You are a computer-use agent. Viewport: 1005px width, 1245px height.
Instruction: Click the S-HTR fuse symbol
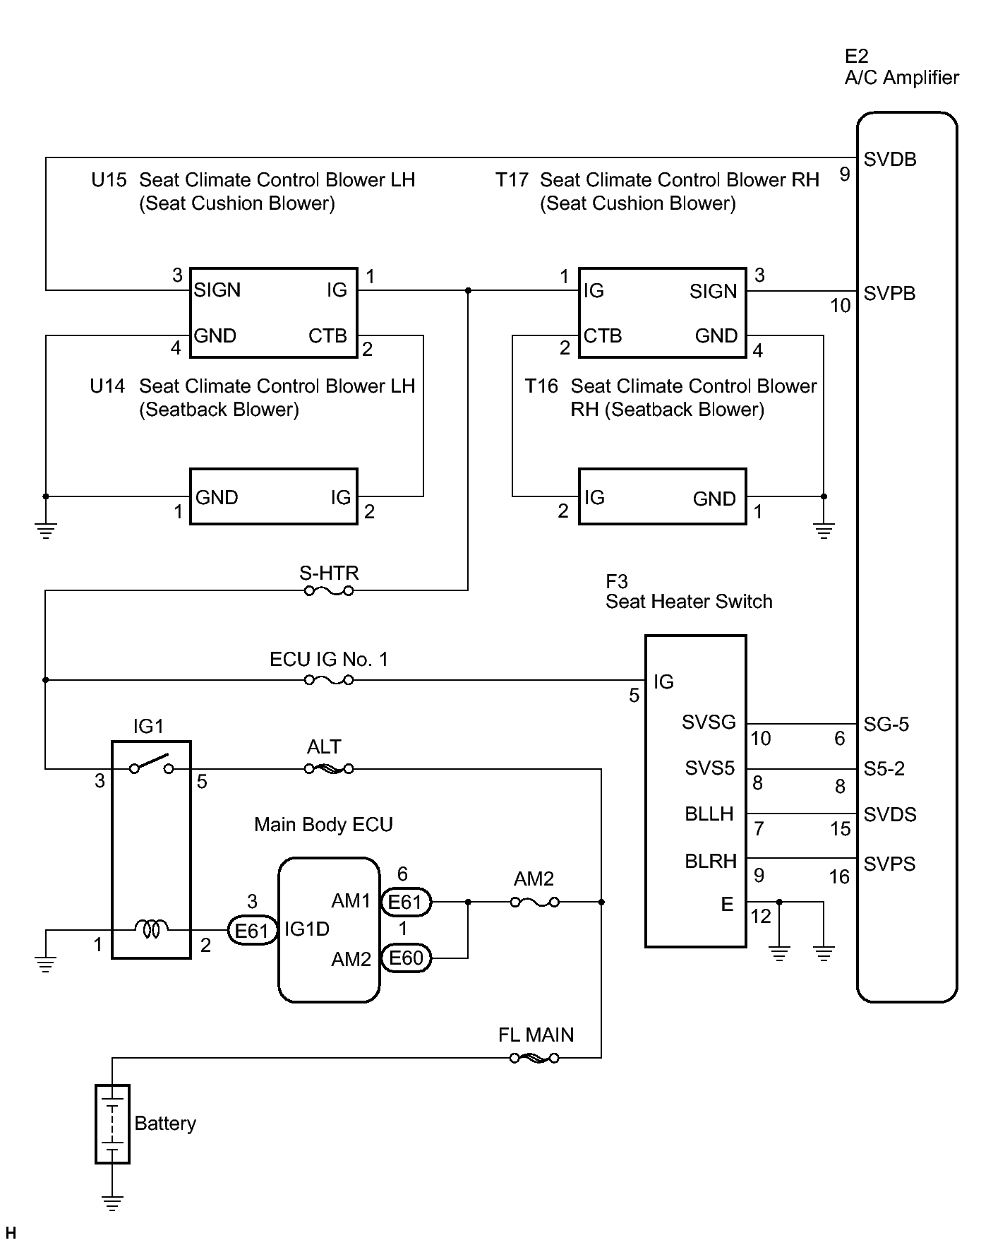[329, 590]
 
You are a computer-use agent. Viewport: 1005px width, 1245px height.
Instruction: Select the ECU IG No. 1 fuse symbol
[329, 680]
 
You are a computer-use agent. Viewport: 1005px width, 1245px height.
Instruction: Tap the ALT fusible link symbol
[329, 768]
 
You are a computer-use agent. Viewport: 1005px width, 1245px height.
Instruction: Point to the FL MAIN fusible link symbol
[535, 1058]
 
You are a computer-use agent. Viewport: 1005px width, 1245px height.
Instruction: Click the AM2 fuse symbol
[535, 902]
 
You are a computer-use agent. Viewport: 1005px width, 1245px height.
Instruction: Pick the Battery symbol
[112, 1124]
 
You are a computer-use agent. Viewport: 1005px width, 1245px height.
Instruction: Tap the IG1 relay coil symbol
[152, 929]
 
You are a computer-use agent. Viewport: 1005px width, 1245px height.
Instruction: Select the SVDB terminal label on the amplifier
[890, 160]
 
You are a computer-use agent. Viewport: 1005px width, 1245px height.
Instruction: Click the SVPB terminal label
[889, 294]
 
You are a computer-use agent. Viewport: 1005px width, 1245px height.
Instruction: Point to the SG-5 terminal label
[886, 725]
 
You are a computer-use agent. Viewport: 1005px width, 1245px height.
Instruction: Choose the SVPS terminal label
[889, 864]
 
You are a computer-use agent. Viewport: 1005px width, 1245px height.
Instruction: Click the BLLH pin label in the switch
[709, 814]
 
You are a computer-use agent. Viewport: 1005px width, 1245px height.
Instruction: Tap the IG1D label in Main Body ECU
[307, 929]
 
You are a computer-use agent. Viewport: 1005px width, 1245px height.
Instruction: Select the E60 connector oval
[406, 958]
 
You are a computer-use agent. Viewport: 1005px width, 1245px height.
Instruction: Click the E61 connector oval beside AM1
[406, 902]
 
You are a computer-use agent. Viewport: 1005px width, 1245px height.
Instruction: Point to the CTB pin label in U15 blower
[327, 335]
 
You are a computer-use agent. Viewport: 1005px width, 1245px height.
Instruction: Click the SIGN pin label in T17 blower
[713, 291]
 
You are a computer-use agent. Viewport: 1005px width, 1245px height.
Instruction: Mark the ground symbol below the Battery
[112, 1201]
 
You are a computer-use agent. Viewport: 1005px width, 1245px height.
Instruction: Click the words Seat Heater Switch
[689, 602]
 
